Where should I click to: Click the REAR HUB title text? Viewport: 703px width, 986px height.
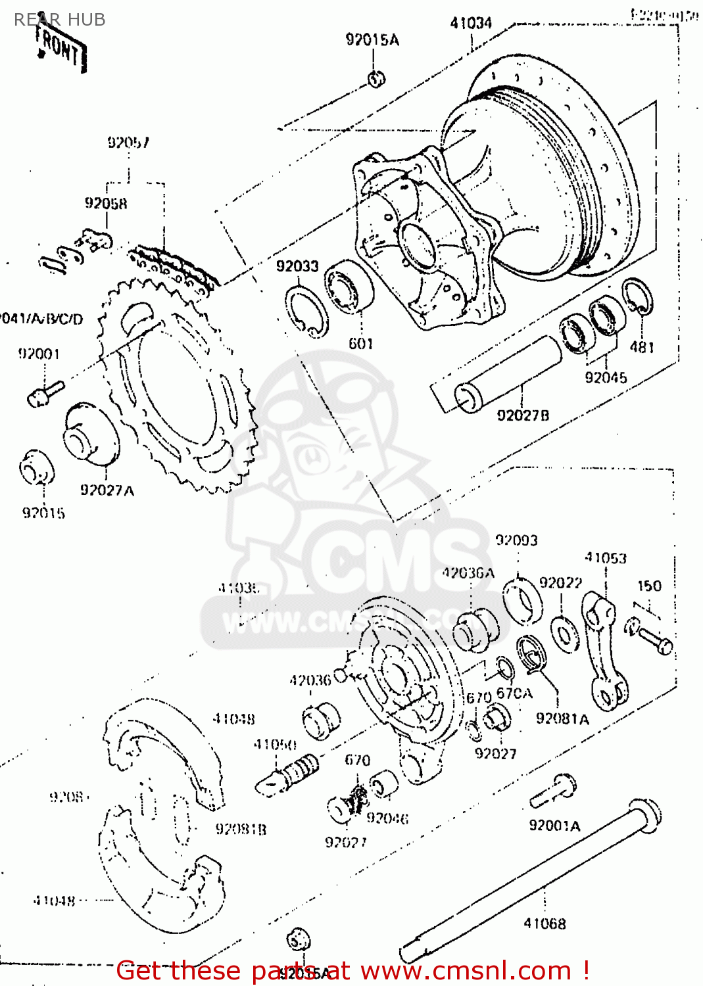tap(60, 20)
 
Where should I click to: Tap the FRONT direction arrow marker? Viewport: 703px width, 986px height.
tap(61, 49)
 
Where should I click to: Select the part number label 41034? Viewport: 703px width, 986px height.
tap(471, 23)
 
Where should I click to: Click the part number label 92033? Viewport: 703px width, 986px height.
tap(297, 266)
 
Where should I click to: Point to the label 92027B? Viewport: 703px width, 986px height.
tap(523, 415)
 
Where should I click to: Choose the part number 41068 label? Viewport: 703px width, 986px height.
tap(545, 924)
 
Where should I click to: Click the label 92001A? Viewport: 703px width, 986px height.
tap(554, 826)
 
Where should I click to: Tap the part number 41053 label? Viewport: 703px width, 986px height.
tap(606, 558)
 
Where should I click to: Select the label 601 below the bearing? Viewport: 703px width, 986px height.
tap(361, 343)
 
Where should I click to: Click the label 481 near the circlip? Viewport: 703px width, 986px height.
tap(642, 346)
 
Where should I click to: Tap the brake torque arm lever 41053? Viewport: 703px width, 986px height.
tap(605, 651)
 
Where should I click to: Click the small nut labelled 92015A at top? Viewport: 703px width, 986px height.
tap(376, 80)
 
